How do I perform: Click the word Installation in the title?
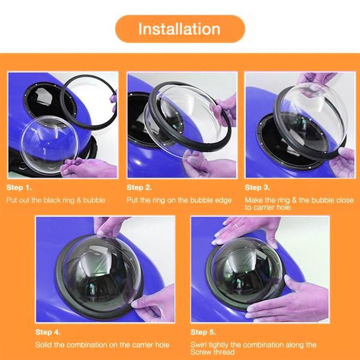(179, 29)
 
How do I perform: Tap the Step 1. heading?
(19, 188)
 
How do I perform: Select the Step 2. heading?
(139, 188)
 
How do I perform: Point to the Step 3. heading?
(257, 188)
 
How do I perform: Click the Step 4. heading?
(48, 332)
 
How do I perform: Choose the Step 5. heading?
(203, 332)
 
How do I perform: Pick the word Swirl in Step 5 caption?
(199, 344)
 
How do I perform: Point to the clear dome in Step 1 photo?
(49, 145)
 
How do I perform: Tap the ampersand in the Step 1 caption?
(79, 200)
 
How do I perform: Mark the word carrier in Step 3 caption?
(264, 208)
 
